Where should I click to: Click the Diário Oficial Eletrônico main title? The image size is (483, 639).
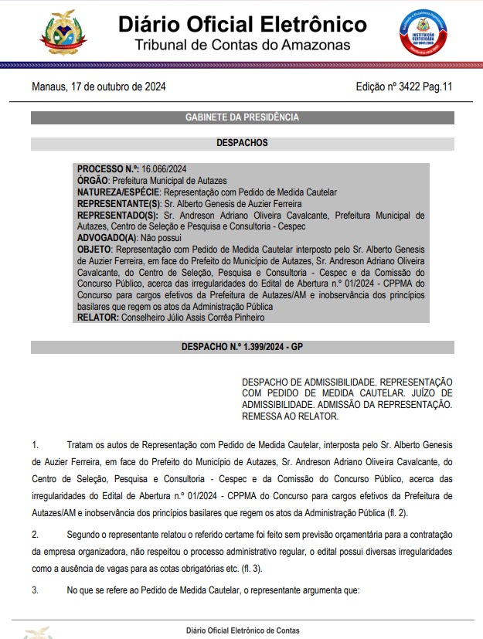click(243, 23)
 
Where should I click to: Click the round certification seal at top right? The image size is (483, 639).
click(423, 33)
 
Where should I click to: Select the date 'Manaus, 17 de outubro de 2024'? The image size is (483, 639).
click(99, 87)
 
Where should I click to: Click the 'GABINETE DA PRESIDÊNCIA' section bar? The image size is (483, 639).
click(242, 117)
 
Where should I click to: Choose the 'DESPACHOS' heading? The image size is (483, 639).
click(242, 143)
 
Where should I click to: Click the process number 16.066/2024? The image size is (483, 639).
click(163, 169)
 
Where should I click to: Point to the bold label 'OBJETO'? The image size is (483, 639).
click(95, 250)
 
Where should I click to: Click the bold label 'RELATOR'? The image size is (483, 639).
click(97, 318)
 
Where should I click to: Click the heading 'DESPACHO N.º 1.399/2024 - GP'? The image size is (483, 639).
click(242, 347)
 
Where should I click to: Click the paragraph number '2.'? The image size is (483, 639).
click(36, 535)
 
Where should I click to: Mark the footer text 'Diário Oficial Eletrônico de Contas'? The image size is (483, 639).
click(243, 631)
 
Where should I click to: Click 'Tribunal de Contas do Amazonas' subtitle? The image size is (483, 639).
click(243, 46)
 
